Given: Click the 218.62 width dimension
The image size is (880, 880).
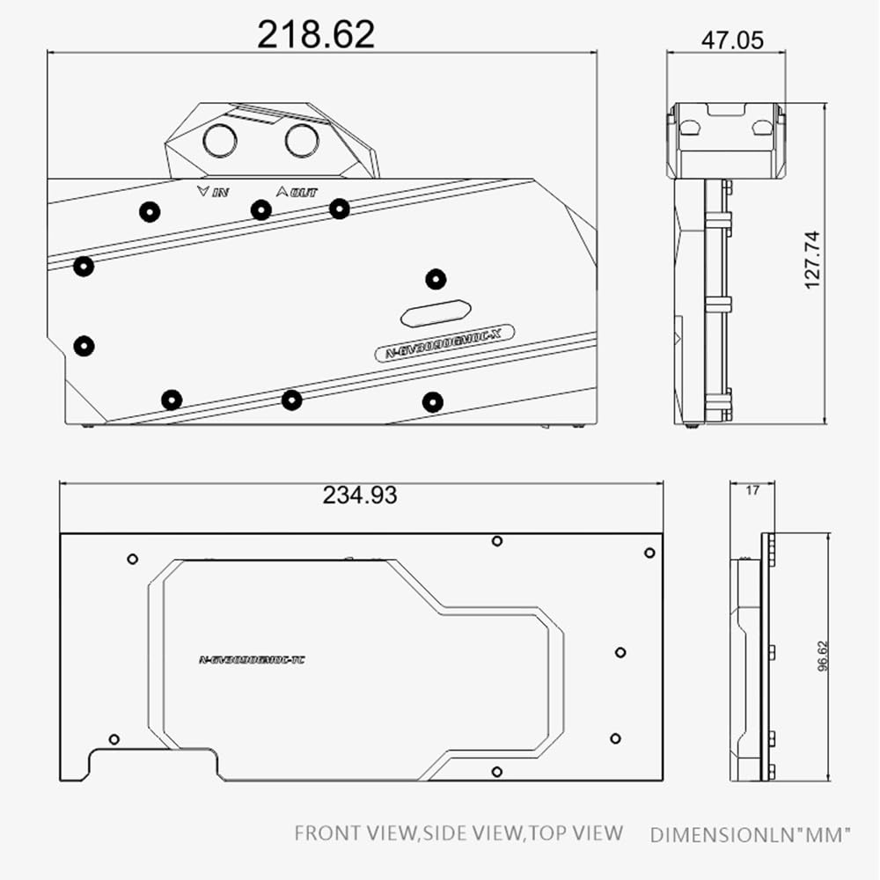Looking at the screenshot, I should pyautogui.click(x=316, y=33).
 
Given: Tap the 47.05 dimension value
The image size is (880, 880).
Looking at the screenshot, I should pyautogui.click(x=732, y=40).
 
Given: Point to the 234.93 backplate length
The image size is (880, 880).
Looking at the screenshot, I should pyautogui.click(x=359, y=495).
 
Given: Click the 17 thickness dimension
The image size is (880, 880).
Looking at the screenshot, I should pyautogui.click(x=752, y=491).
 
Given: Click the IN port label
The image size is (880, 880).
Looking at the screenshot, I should pyautogui.click(x=215, y=191).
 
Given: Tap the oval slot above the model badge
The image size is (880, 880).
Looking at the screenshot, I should pyautogui.click(x=436, y=312).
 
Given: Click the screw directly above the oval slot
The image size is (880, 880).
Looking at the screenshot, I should pyautogui.click(x=436, y=280).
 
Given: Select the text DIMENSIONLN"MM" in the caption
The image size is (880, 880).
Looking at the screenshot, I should pyautogui.click(x=751, y=834).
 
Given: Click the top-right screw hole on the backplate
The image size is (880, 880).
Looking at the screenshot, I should pyautogui.click(x=649, y=553).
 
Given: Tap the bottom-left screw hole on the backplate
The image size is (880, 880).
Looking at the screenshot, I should pyautogui.click(x=114, y=738).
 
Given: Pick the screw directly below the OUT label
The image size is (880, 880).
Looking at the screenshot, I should pyautogui.click(x=260, y=209).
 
